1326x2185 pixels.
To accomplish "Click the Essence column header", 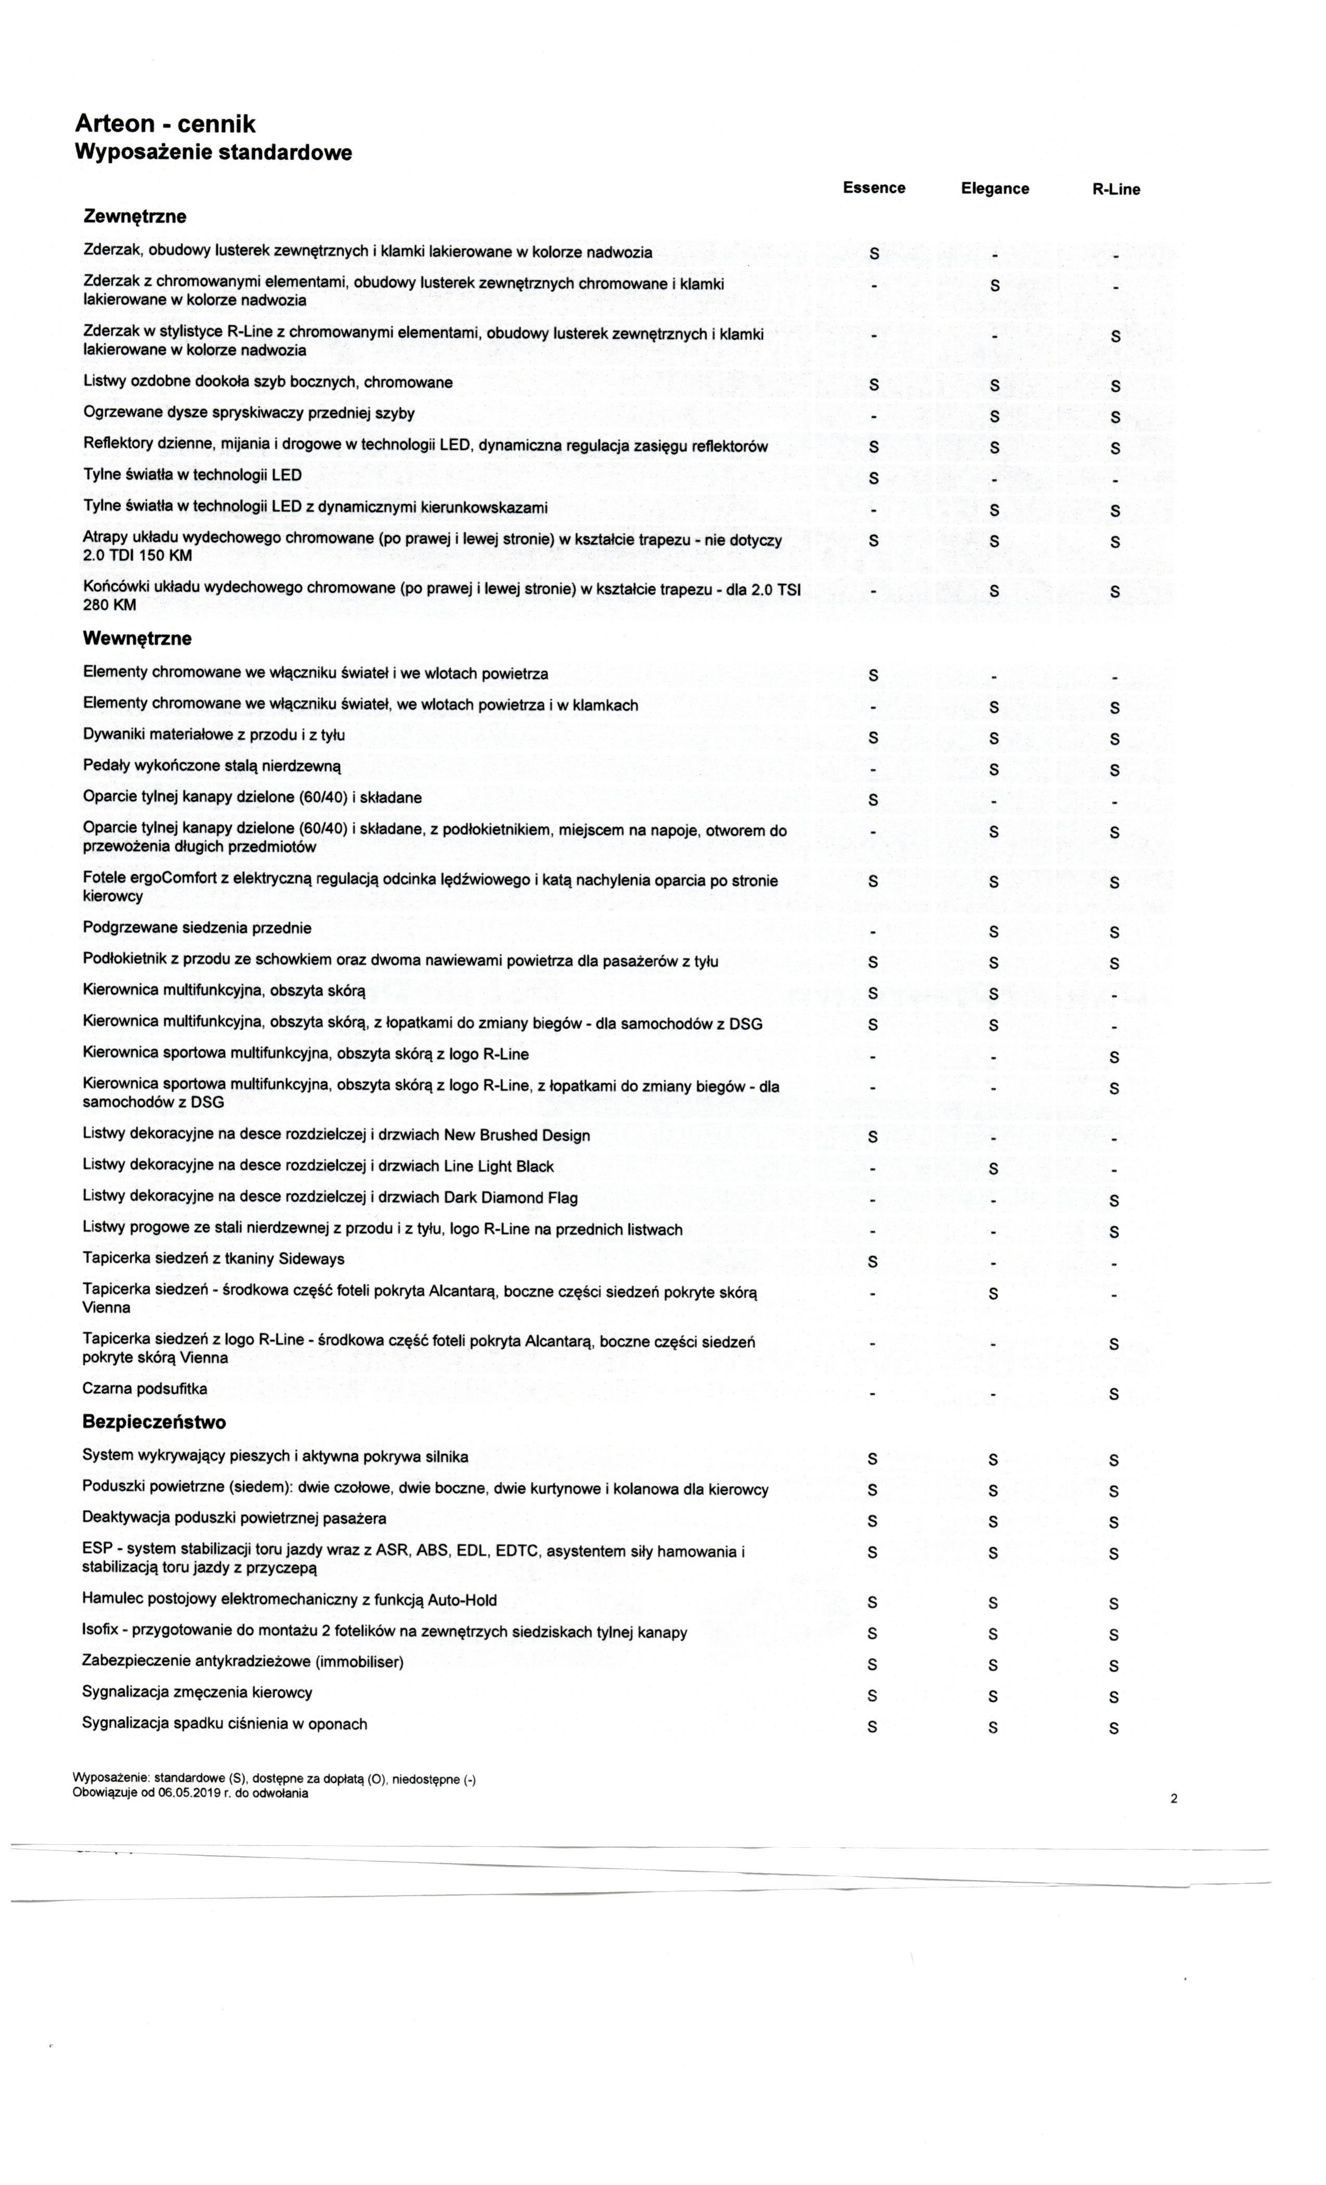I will (x=873, y=187).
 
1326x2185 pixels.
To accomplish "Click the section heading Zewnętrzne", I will (x=135, y=216).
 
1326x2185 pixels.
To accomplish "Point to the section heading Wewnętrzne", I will (x=137, y=638).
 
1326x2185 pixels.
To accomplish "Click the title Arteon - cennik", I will (x=165, y=125).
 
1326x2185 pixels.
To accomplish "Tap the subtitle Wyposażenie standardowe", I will (x=213, y=152).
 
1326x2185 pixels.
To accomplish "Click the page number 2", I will (x=1175, y=1798).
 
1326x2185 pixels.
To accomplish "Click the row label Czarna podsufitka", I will (x=145, y=1389).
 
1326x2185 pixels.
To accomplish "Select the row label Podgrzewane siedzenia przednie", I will (x=197, y=928).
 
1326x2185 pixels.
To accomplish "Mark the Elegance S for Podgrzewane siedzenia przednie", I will (x=994, y=932).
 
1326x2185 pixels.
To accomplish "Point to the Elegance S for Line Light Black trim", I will (x=994, y=1169).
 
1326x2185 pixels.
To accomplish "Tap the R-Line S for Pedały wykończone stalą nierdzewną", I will (x=1114, y=770).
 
